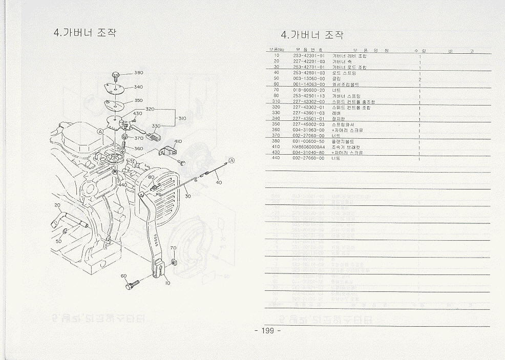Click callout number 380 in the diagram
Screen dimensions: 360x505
pyautogui.click(x=139, y=73)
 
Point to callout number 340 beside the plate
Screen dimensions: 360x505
pyautogui.click(x=138, y=87)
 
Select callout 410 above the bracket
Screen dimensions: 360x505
pyautogui.click(x=178, y=141)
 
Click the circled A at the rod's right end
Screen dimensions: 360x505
pyautogui.click(x=232, y=161)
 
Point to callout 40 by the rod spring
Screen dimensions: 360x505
pyautogui.click(x=219, y=182)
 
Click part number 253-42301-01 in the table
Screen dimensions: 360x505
pyautogui.click(x=309, y=55)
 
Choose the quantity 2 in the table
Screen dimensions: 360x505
pyautogui.click(x=419, y=80)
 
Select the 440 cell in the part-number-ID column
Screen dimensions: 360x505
pyautogui.click(x=276, y=158)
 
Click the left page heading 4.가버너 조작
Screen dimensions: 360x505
pyautogui.click(x=85, y=32)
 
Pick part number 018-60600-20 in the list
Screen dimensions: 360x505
pyautogui.click(x=309, y=90)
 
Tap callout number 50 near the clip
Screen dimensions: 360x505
pyautogui.click(x=59, y=241)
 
